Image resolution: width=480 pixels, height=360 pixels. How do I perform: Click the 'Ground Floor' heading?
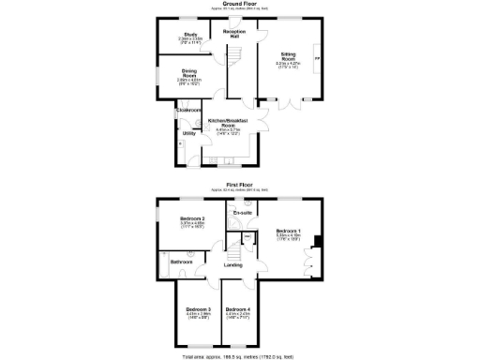241,4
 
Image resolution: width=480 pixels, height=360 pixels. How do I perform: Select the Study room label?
190,36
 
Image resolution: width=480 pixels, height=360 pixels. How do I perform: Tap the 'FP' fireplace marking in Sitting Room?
316,58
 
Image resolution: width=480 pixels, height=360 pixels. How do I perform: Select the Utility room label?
188,133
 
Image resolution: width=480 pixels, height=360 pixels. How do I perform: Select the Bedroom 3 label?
197,311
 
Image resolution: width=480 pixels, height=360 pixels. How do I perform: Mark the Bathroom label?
181,262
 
